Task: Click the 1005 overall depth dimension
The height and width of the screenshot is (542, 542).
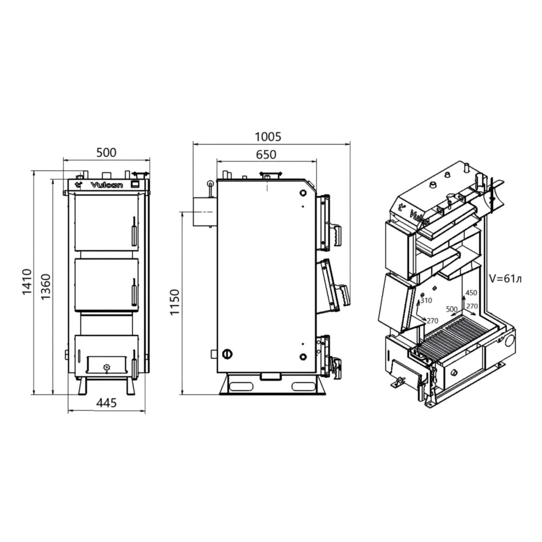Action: [x=268, y=137]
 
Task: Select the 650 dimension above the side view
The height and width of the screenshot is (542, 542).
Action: [x=266, y=154]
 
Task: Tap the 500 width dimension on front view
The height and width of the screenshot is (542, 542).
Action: [x=106, y=152]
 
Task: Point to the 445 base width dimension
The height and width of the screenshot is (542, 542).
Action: [x=106, y=403]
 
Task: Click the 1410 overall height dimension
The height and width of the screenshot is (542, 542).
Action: [x=27, y=282]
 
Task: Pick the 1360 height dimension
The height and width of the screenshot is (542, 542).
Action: [x=46, y=287]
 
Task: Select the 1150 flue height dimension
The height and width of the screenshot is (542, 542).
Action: [x=175, y=302]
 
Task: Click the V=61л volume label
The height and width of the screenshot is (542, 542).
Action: [x=505, y=279]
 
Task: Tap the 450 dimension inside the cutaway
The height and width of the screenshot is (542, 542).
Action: [x=471, y=293]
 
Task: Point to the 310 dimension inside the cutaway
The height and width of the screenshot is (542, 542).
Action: [x=426, y=300]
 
